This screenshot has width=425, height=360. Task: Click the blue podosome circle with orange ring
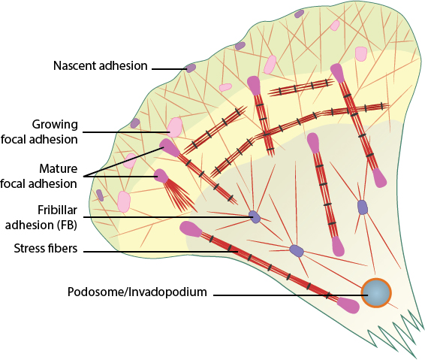pos(376,293)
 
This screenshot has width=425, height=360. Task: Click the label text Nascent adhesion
pos(101,65)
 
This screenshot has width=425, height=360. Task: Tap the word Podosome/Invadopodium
pos(137,292)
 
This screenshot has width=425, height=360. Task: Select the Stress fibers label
pos(46,248)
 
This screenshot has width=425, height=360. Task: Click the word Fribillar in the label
pos(57,210)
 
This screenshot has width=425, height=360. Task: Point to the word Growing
pos(55,125)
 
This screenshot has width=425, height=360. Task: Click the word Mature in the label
pos(59,169)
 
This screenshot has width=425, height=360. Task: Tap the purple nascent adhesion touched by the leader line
pos(191,68)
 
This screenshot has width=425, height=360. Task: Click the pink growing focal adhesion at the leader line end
pos(174,127)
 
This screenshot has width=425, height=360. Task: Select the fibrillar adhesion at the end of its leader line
pos(255,216)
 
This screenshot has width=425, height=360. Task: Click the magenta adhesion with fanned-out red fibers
pos(161,176)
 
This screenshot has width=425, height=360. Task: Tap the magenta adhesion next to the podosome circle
pos(348,305)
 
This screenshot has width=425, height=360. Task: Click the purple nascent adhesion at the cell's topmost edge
pos(300,14)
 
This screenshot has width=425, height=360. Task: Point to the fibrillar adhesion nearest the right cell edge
pos(363,207)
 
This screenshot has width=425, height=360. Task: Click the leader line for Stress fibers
pos(161,252)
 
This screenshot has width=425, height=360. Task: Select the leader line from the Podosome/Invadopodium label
pos(291,295)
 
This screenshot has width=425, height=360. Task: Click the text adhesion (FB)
pos(41,225)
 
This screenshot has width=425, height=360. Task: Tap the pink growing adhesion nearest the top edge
pos(335,26)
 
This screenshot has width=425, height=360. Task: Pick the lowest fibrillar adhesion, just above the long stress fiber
pos(297,250)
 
